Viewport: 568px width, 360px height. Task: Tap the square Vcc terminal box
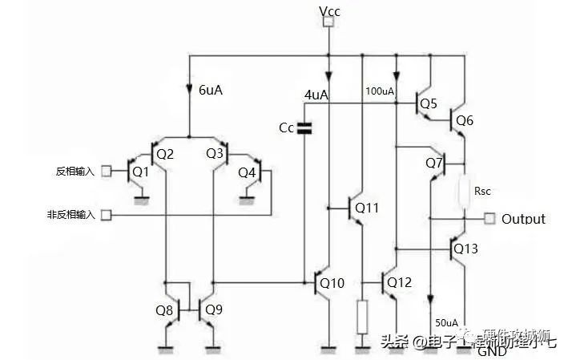click(x=327, y=23)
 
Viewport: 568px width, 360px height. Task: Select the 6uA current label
click(x=210, y=90)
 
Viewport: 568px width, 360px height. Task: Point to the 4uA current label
click(x=316, y=95)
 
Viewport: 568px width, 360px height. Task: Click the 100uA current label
click(x=381, y=91)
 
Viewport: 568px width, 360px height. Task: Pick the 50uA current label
click(x=446, y=322)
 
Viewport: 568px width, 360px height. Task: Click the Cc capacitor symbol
click(x=304, y=127)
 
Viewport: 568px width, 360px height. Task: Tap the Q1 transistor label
click(x=141, y=172)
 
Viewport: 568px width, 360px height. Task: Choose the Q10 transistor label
click(x=332, y=282)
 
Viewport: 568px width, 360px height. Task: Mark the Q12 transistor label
click(x=398, y=282)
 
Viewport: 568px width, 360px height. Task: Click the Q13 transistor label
click(x=465, y=249)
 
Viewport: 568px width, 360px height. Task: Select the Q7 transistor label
click(x=434, y=163)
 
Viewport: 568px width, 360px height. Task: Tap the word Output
click(x=523, y=219)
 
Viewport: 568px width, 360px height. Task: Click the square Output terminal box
click(x=489, y=219)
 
